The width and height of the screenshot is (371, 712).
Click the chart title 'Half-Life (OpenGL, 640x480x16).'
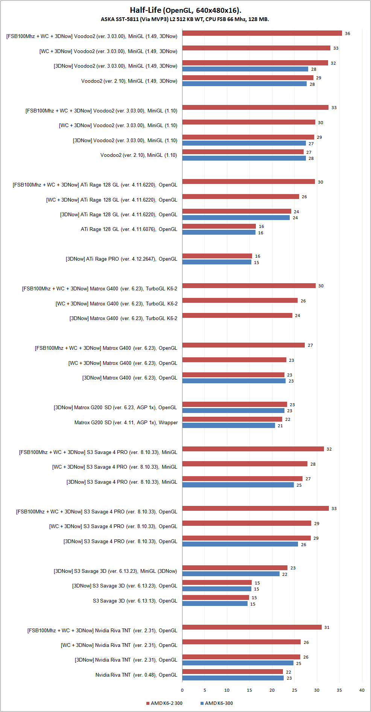[185, 10]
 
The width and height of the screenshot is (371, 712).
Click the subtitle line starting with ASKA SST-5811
[185, 19]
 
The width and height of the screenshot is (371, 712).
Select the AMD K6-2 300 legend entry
[164, 703]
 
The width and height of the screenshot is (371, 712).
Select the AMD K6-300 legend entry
[217, 703]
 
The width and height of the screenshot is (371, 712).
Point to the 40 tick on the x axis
[362, 690]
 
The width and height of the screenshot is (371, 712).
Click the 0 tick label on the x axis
[182, 690]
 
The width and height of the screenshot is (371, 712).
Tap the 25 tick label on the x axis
[294, 690]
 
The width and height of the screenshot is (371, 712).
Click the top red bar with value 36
[262, 33]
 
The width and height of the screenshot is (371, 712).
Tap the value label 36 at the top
[347, 33]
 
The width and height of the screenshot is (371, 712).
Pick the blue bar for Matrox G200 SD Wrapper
[228, 425]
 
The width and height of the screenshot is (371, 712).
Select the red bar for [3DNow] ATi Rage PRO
[217, 256]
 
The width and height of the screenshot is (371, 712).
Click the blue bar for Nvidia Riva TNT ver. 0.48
[233, 678]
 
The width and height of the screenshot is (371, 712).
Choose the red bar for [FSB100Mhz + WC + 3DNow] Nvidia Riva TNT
[252, 627]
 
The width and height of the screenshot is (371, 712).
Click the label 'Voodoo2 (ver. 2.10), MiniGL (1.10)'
[138, 155]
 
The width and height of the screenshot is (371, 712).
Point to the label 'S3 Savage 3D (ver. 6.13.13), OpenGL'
[135, 601]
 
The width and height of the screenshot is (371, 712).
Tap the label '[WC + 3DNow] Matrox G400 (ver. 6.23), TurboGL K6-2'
[116, 304]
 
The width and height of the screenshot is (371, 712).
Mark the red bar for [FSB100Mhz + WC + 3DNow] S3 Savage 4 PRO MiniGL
[253, 449]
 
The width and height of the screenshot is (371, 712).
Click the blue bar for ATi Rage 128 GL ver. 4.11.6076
[219, 232]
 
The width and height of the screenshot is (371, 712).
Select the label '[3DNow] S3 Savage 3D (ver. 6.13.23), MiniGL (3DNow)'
[115, 571]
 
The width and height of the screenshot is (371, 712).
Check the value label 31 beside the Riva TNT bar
[327, 627]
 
